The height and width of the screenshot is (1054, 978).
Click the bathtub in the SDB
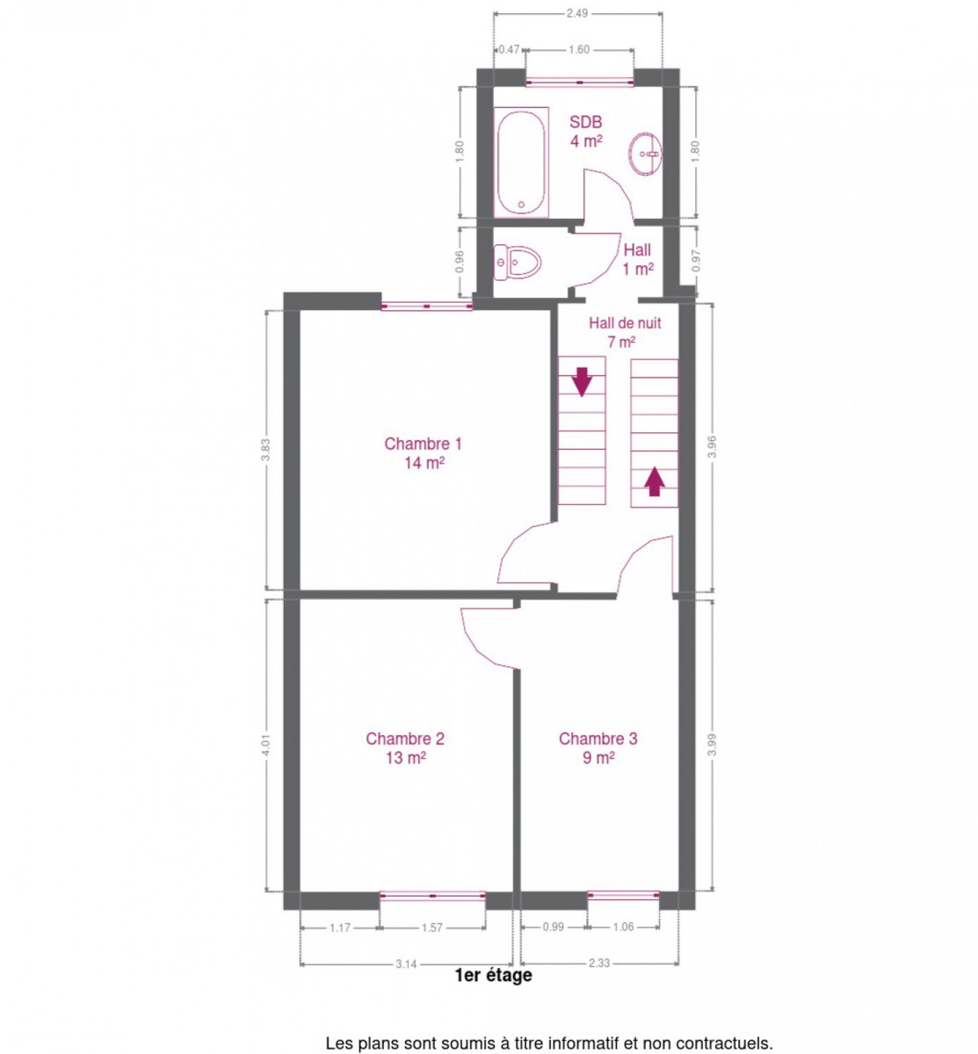pos(520,162)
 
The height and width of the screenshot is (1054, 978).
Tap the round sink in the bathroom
pos(645,154)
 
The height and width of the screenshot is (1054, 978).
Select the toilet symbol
pos(517,262)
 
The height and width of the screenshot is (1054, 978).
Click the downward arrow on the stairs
pos(582,381)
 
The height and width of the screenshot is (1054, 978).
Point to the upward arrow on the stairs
pos(654,480)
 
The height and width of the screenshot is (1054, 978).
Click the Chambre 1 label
pos(423,444)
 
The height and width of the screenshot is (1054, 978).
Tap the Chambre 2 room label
pos(404,738)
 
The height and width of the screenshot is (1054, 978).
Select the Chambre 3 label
pos(598,738)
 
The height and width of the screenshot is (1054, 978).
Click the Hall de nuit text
pos(625,323)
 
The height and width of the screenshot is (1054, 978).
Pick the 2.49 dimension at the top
pos(576,13)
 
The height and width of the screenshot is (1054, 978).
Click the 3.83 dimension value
pos(266,449)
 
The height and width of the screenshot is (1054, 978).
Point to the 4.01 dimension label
pos(266,745)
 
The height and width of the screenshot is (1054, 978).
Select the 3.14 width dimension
pos(406,964)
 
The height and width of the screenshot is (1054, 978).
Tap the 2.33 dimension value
pos(598,963)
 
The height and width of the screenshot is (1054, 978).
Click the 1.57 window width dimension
pos(431,928)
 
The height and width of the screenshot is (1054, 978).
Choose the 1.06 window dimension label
pos(623,927)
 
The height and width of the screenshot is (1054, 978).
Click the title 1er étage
pos(493,975)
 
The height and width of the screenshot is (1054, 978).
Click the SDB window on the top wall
pos(579,83)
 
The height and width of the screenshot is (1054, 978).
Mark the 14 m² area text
pos(424,463)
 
